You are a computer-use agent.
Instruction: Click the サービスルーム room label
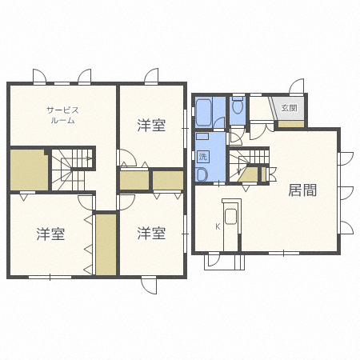click(62, 115)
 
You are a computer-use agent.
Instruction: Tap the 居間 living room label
click(302, 190)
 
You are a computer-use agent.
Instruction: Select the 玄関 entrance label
click(290, 108)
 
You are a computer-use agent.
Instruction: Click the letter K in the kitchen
click(218, 227)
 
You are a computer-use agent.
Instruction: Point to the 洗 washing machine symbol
click(203, 157)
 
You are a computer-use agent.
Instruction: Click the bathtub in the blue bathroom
click(204, 113)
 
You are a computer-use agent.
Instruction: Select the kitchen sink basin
click(231, 217)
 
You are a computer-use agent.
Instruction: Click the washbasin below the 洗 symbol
click(202, 174)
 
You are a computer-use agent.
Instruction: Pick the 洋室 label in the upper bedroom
click(151, 125)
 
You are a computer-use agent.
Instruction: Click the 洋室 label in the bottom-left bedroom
click(50, 234)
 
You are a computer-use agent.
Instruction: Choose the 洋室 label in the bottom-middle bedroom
click(151, 233)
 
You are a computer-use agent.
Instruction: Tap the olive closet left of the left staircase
click(29, 170)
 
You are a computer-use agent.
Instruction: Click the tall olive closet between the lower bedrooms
click(106, 245)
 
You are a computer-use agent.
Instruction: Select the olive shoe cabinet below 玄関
click(291, 124)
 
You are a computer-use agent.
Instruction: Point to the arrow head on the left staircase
click(90, 158)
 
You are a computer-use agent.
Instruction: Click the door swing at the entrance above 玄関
click(297, 86)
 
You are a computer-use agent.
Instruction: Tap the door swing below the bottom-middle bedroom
click(149, 286)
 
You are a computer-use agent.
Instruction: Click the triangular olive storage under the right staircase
click(249, 174)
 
